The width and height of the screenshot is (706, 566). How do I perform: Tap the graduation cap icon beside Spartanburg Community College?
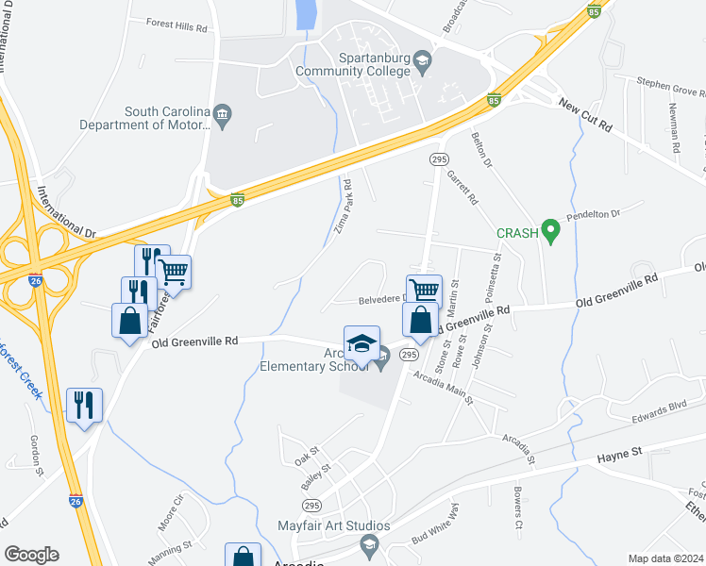coord(423,59)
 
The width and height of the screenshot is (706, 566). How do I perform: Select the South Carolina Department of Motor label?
coord(144,117)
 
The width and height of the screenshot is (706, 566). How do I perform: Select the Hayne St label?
coord(619,454)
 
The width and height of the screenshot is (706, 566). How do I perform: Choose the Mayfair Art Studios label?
coord(333,525)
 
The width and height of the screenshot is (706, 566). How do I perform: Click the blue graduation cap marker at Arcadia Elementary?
coord(361,345)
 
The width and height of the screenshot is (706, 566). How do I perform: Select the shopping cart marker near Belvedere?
coord(425,291)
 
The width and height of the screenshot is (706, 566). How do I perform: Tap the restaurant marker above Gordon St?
coord(84,406)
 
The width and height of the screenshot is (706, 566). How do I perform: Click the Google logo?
coord(31,555)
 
